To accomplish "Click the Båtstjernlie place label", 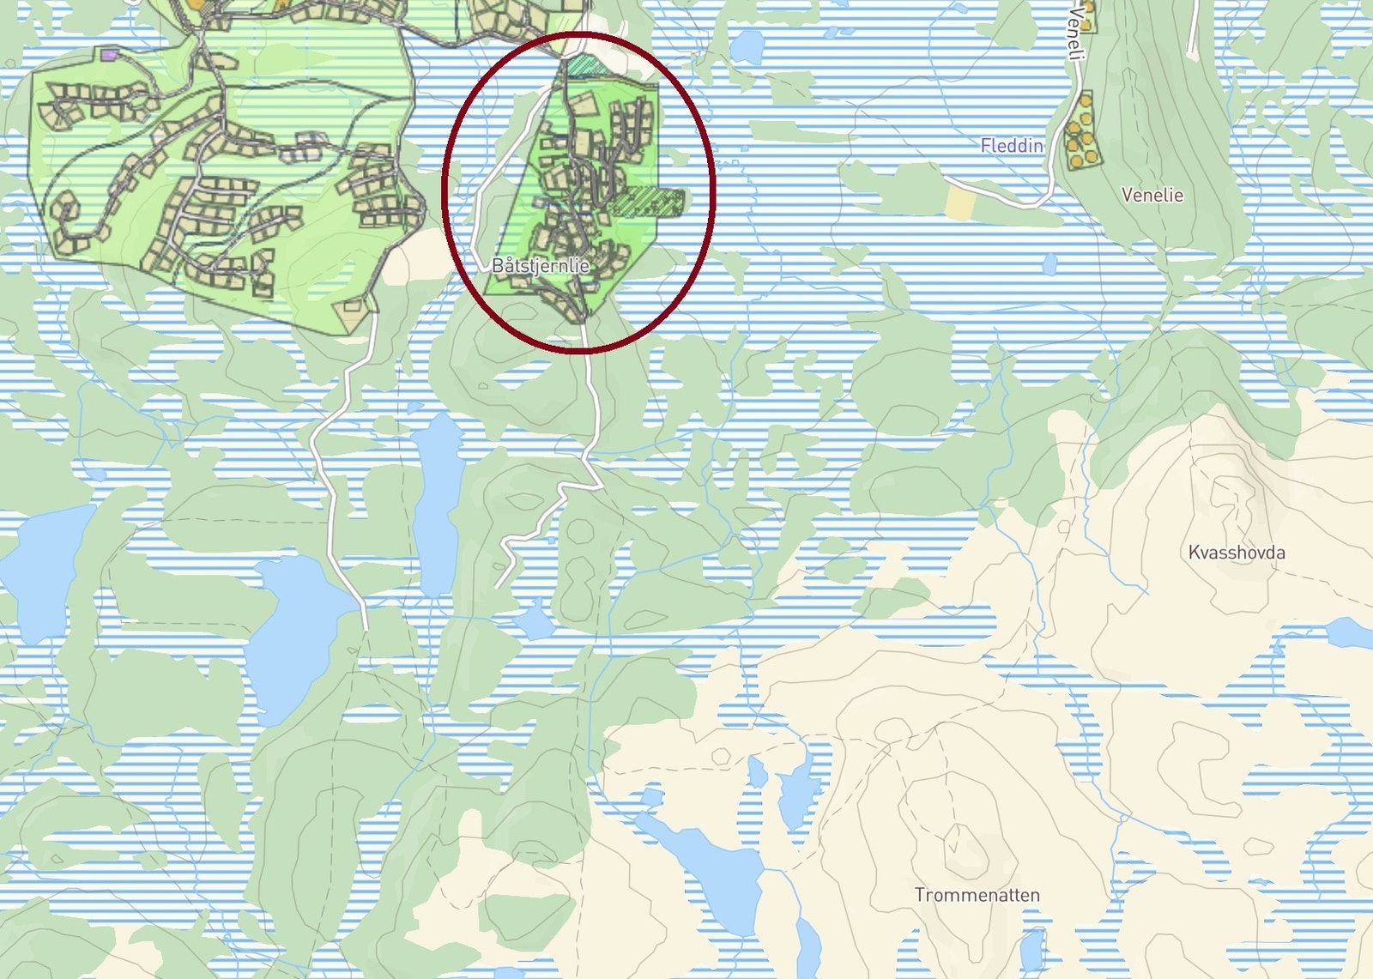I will [540, 265].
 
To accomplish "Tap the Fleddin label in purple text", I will [1011, 146].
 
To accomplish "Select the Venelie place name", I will [1152, 196].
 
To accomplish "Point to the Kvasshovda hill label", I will [1236, 553].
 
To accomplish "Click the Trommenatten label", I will [977, 895].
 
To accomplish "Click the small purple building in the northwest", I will [108, 55].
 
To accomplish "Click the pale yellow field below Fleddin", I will [960, 202].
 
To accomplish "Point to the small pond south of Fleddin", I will [1049, 263].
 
